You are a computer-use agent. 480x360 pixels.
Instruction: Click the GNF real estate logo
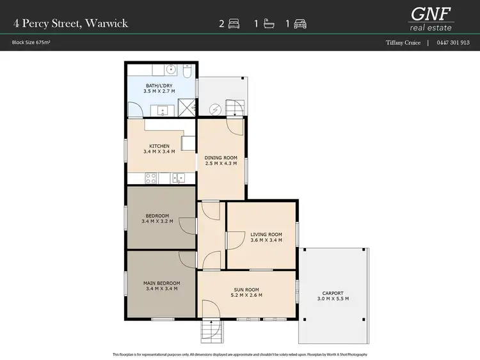431,17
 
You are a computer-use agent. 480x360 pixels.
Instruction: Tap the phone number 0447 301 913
452,43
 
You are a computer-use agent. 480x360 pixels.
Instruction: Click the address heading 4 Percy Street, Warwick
70,24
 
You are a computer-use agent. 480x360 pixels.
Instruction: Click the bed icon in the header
233,24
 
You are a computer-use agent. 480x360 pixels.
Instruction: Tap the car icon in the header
300,24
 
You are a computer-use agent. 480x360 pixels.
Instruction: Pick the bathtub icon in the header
267,24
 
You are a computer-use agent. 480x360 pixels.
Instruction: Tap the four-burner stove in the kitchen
152,178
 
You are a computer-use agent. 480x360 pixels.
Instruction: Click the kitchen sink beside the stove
182,178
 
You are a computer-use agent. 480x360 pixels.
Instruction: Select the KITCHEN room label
159,146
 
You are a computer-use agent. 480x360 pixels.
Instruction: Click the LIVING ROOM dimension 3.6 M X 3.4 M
262,240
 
